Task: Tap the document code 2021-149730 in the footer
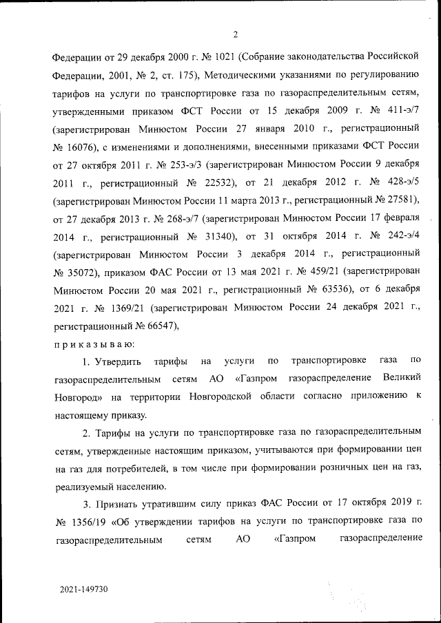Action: tap(83, 590)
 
